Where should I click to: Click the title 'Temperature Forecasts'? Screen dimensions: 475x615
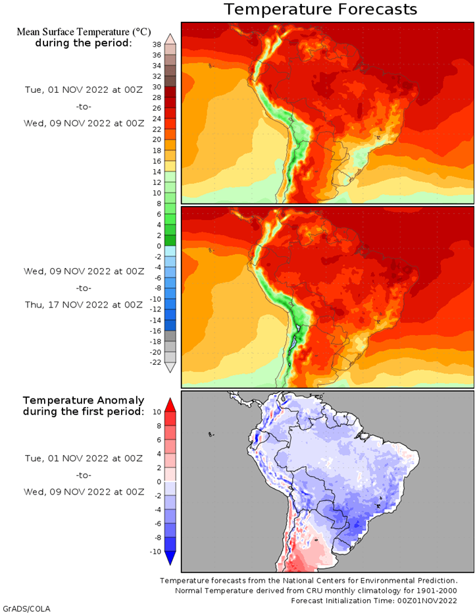pos(320,9)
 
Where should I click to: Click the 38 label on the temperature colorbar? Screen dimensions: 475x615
pos(157,45)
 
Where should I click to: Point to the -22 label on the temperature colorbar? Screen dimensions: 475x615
pos(155,362)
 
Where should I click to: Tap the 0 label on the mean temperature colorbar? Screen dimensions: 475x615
pos(159,246)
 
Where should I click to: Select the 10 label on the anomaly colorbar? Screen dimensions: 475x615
pos(157,412)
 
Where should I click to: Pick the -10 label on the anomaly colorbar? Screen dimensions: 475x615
pos(155,552)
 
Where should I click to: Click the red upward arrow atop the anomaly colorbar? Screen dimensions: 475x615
pos(170,405)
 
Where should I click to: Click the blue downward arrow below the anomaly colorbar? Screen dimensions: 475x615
pos(170,558)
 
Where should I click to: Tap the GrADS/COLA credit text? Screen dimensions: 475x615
pos(27,608)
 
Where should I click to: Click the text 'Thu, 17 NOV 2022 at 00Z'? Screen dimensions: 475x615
pos(84,305)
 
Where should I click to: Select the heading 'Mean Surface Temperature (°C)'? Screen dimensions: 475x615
pos(84,32)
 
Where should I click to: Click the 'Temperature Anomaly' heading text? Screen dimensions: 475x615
pos(84,400)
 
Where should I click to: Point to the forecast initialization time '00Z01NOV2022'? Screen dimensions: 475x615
pos(427,601)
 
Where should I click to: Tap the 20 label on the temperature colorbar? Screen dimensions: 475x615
pos(157,140)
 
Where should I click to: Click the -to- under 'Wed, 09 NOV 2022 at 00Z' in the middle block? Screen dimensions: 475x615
pos(84,288)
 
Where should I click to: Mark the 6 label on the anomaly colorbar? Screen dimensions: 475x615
pos(159,440)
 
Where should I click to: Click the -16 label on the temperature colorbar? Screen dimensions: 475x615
pos(155,331)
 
